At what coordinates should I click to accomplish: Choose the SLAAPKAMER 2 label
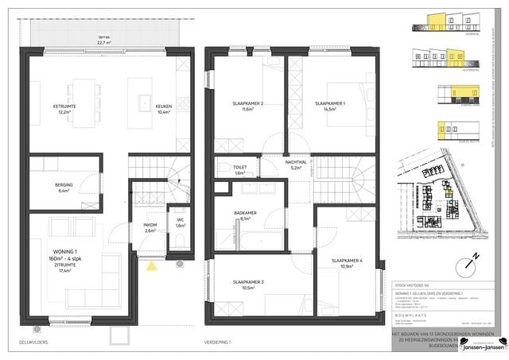249,103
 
